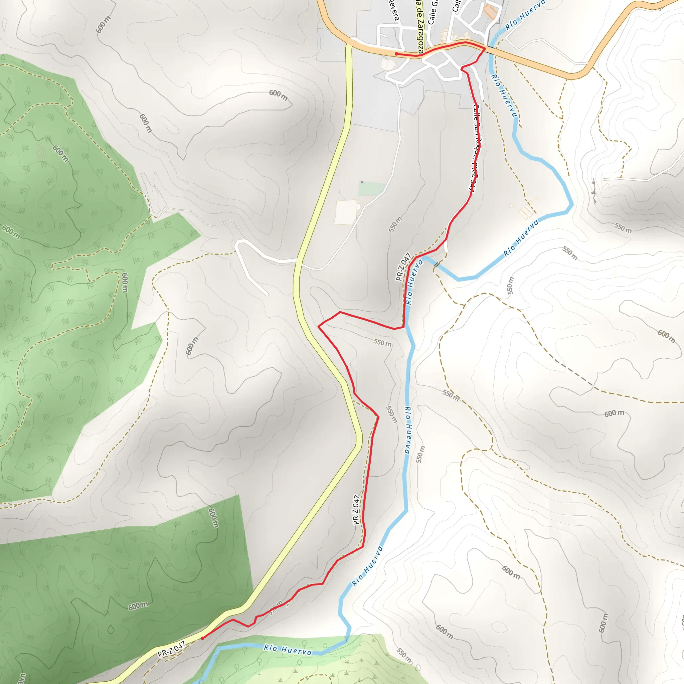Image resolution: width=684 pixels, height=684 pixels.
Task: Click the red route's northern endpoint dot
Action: [396, 54]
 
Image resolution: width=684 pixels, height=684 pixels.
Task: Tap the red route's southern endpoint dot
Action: [202, 638]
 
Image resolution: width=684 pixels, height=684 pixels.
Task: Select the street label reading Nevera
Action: [394, 11]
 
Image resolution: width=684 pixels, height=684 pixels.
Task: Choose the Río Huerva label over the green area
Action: [288, 650]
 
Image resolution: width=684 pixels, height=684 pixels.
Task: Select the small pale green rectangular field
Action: [371, 189]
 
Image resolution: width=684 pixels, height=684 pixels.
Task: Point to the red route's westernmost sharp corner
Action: [319, 326]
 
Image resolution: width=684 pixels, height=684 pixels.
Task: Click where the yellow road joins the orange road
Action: [349, 45]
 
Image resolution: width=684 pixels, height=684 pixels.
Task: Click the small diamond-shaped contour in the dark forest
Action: [111, 630]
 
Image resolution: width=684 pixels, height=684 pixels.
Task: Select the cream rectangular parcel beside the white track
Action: [347, 212]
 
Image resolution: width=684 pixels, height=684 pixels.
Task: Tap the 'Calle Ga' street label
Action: [433, 12]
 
